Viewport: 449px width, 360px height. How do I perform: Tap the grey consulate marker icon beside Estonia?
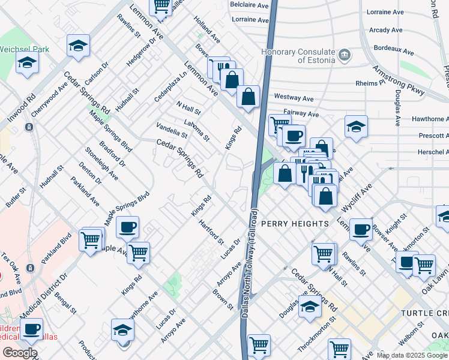coord(345,56)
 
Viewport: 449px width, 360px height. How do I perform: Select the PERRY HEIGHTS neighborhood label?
coord(295,223)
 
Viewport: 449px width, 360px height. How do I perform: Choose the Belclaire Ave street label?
coord(249,4)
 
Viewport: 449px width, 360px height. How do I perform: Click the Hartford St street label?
coord(211,232)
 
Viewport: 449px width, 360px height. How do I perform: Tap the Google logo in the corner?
coord(20,353)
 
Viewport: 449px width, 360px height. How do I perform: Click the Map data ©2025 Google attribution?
coord(412,355)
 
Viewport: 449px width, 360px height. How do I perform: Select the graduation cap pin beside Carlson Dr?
coord(78,46)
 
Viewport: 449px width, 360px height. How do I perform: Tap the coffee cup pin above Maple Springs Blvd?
coord(127,227)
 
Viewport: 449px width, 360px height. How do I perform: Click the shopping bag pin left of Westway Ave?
coord(247,96)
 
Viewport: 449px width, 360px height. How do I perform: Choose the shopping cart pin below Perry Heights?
coord(323,254)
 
